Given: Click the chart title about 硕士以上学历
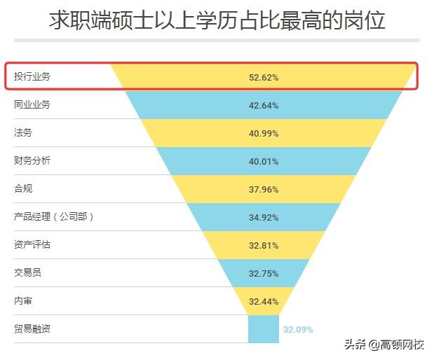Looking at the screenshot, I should point(217,20).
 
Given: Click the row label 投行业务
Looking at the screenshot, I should point(32,76).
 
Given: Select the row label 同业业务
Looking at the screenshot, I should point(32,104).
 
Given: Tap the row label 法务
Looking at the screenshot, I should point(23,132).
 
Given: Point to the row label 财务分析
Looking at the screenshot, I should point(32,160).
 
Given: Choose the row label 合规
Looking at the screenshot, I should point(23,188).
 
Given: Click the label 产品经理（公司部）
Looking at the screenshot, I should point(54,216).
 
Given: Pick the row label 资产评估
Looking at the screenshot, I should point(32,244).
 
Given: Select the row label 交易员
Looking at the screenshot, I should point(28,272).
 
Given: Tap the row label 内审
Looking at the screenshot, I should point(23,300).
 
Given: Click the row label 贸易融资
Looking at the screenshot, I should point(32,328).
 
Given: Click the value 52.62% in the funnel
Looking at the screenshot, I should point(264,77).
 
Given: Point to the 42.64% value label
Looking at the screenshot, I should point(264,105).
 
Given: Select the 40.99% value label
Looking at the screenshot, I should point(264,133).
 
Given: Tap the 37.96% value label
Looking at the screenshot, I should point(264,189).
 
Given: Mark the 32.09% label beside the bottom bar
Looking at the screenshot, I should point(298,329).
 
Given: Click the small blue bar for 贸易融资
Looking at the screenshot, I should point(264,329).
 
